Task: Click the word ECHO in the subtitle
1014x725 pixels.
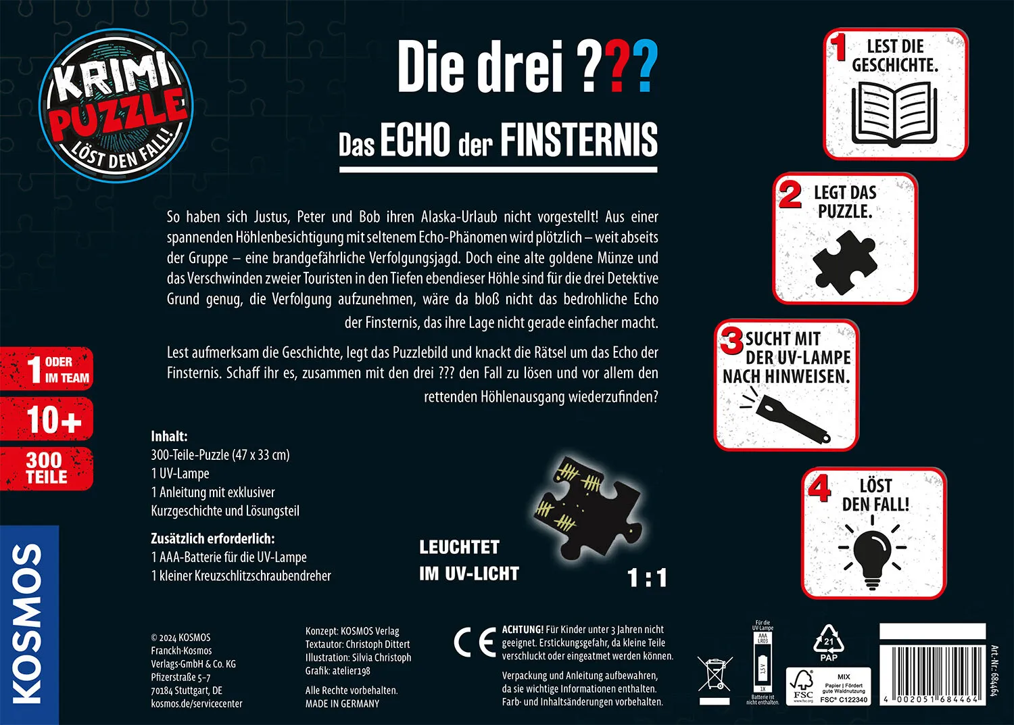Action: tap(415, 140)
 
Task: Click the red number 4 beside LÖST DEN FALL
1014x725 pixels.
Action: tap(819, 489)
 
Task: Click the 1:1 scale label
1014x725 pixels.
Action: tap(647, 578)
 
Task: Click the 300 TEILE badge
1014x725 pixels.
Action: tap(47, 469)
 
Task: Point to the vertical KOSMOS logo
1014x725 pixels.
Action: tap(29, 624)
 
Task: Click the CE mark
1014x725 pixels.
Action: tap(475, 643)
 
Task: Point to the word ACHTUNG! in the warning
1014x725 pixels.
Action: tap(523, 630)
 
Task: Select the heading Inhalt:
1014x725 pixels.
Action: tap(169, 436)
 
